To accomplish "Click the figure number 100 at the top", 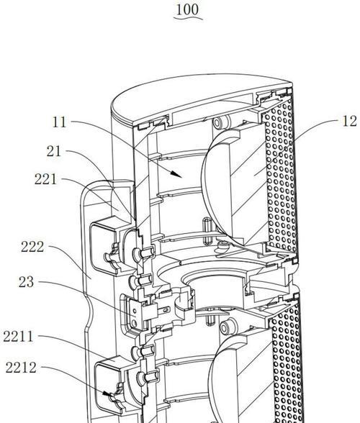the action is tap(187, 10).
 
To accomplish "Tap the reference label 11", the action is tap(59, 122).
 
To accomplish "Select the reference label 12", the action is tap(349, 121).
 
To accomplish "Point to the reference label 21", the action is tap(54, 151).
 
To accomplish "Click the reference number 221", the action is tap(45, 179).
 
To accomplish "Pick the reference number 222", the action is tap(32, 247).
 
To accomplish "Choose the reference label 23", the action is tap(26, 282).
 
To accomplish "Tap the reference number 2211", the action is tap(18, 337).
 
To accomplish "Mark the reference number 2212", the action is tap(21, 368).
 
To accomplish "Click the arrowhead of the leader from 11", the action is tap(177, 174).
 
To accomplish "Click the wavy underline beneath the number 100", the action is tap(188, 18).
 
